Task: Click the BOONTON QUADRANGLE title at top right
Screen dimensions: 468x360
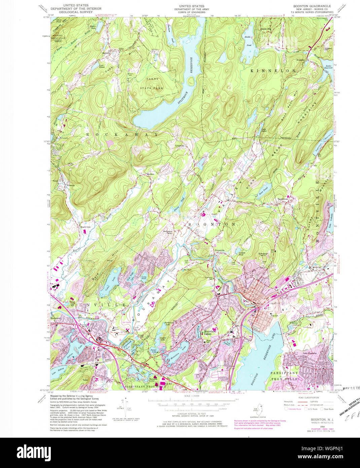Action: (x=311, y=6)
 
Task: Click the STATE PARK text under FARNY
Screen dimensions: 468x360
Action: (x=151, y=88)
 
